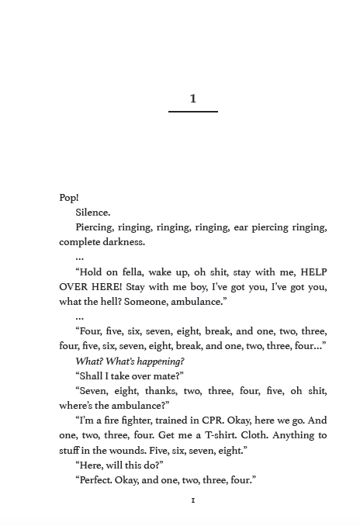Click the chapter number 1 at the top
(x=193, y=99)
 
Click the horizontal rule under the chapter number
(x=193, y=112)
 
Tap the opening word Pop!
(x=69, y=198)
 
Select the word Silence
(x=93, y=213)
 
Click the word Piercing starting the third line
(x=95, y=227)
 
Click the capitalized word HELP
(x=313, y=272)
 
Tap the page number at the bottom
(x=193, y=500)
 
